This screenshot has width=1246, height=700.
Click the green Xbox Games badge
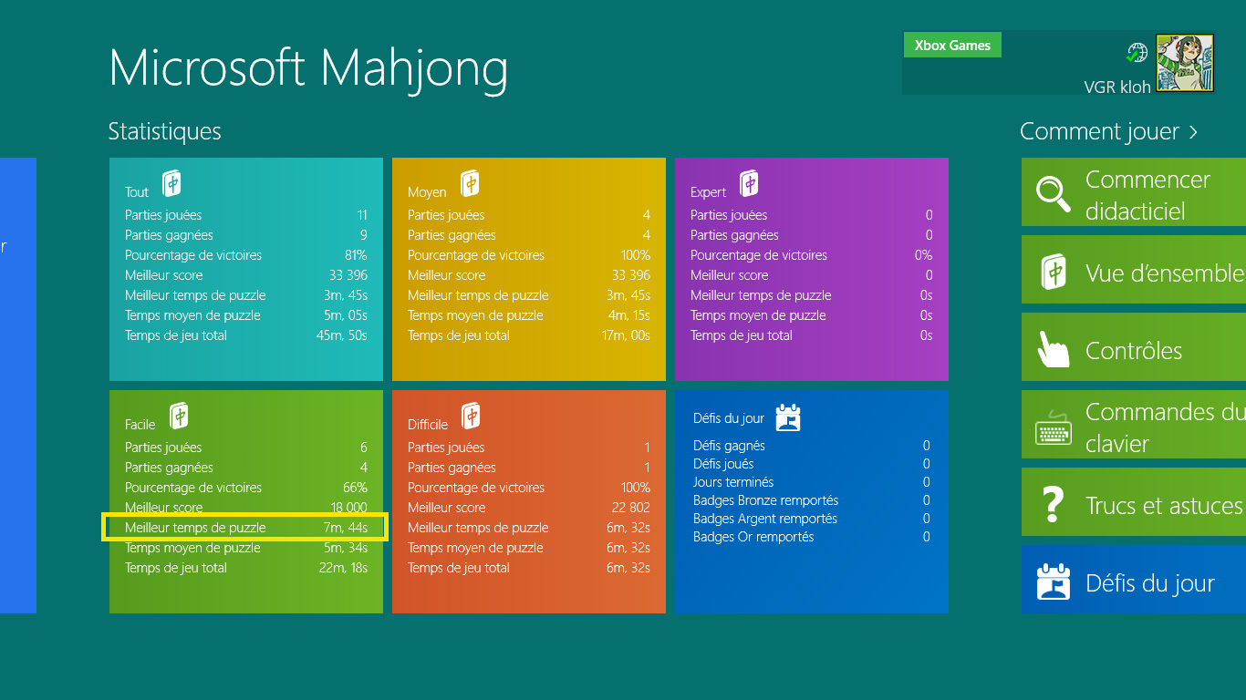(x=952, y=45)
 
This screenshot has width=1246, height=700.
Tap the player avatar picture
(x=1185, y=63)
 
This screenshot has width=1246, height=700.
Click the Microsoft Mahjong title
(x=308, y=69)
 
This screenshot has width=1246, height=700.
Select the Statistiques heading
(x=165, y=131)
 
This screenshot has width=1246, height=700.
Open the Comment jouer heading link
(x=1108, y=132)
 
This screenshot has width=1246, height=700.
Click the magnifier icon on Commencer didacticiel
(x=1053, y=194)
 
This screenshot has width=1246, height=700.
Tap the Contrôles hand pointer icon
(x=1053, y=350)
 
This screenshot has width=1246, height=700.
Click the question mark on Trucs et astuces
(x=1053, y=504)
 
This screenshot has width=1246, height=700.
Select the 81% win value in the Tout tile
(x=356, y=255)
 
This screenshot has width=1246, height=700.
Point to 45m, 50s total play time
(x=341, y=335)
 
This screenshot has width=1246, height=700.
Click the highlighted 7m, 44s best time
(x=346, y=528)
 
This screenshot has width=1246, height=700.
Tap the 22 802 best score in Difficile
(x=631, y=508)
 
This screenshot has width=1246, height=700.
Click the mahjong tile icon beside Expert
(x=749, y=183)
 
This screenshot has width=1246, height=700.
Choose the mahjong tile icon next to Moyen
(x=470, y=183)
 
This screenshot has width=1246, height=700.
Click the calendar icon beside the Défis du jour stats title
(x=788, y=417)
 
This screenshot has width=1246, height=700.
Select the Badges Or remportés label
(x=753, y=537)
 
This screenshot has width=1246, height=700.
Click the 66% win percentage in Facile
(x=355, y=488)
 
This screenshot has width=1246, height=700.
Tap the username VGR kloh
(x=1117, y=87)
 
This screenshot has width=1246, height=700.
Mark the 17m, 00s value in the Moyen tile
(x=626, y=335)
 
